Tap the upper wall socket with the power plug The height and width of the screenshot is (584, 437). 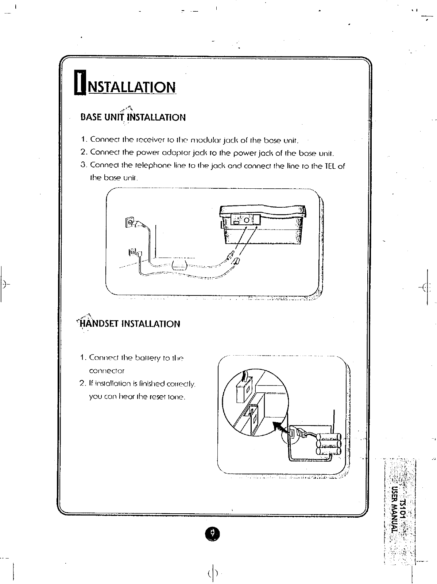pos(130,222)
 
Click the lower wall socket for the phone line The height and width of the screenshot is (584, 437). pos(132,252)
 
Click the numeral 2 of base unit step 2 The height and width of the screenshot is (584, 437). pos(83,153)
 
